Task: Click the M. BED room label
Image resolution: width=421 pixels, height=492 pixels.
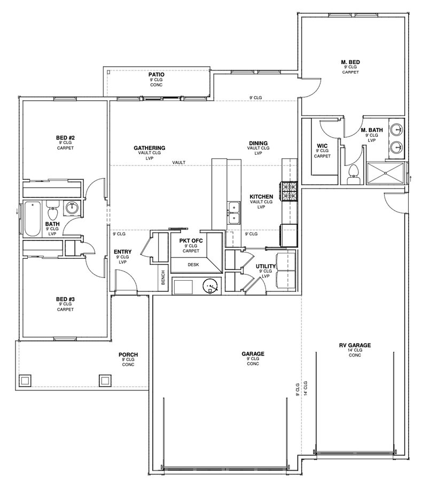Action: pos(350,62)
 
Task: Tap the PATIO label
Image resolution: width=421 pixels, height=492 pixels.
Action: pos(156,75)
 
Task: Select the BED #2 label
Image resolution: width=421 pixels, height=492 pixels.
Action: pos(65,138)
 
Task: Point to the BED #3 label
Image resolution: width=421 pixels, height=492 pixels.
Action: pos(65,299)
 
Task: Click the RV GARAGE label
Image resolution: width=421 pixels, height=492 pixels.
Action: pos(355,345)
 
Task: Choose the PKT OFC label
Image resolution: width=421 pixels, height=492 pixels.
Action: pos(191,241)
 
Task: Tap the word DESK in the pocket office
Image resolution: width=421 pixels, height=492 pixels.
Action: pos(193,265)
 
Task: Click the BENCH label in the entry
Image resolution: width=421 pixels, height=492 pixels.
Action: pos(163,277)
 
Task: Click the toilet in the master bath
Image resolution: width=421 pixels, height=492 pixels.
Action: pos(354,175)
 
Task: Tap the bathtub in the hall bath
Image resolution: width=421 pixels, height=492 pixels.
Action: pos(33,219)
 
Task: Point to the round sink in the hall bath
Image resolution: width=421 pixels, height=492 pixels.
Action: pos(73,208)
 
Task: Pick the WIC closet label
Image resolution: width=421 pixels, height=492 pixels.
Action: pos(322,146)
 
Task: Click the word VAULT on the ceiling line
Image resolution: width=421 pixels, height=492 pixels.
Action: pos(179,163)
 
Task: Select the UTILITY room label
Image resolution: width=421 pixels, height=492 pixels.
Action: pos(266,266)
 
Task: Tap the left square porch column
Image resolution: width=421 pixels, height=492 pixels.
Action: pos(26,380)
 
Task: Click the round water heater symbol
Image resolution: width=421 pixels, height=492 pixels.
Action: pos(210,287)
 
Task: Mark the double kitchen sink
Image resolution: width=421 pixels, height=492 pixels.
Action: pos(233,213)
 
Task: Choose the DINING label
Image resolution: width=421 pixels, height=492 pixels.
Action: pos(258,143)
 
